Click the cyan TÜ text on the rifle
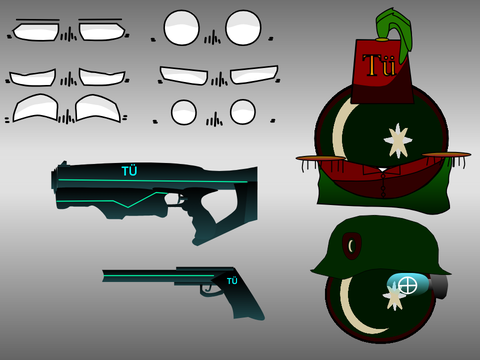(x=130, y=171)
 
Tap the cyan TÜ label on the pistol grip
(x=232, y=281)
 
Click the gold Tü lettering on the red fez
(x=379, y=65)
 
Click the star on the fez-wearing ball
(x=398, y=141)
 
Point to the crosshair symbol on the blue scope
(x=408, y=286)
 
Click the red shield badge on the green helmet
(x=352, y=246)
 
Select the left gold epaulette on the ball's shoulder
(x=321, y=158)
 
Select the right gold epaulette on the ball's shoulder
(x=447, y=155)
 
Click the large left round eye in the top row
(x=181, y=28)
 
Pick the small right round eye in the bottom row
(x=243, y=112)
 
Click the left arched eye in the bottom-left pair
(x=35, y=108)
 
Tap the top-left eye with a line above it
(x=36, y=32)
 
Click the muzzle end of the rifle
(x=53, y=180)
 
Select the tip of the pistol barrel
(x=103, y=276)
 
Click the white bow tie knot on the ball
(x=382, y=170)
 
